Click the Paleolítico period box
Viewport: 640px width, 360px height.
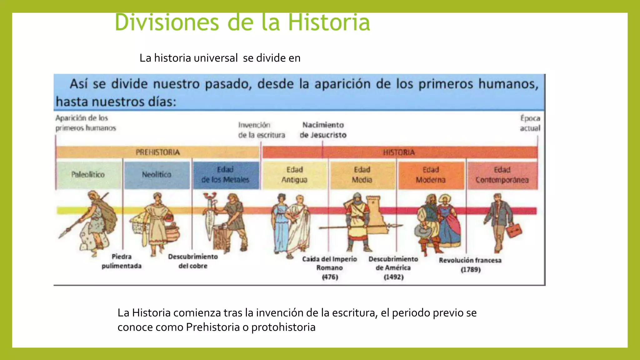[88, 174]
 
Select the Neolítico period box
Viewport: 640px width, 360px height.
[157, 174]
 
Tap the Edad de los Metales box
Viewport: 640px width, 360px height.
[226, 174]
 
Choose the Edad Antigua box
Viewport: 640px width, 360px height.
[294, 174]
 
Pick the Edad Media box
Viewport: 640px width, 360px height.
[362, 174]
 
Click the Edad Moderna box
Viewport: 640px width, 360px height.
[431, 174]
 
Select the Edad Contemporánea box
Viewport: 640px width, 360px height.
[502, 174]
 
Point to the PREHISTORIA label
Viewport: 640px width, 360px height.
[158, 152]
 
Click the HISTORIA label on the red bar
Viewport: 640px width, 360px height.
[399, 152]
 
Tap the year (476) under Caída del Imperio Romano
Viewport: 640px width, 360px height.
[330, 277]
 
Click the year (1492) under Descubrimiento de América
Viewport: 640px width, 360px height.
[394, 277]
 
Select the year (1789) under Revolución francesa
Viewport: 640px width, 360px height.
[471, 269]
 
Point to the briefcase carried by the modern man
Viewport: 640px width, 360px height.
[514, 231]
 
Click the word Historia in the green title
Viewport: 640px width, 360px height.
[329, 22]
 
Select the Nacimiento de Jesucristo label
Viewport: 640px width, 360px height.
[323, 130]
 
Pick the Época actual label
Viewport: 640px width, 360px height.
[530, 123]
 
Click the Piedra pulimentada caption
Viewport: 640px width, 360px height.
[122, 261]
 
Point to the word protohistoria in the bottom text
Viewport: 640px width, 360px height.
[283, 327]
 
